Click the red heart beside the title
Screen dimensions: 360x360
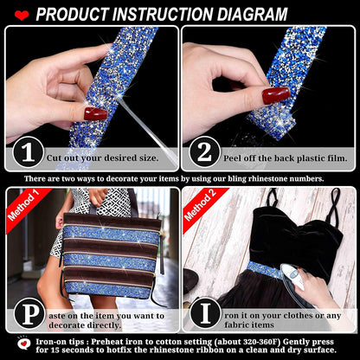coord(22,15)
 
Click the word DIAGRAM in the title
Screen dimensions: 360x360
coord(253,14)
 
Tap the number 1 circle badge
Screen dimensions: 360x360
coord(28,152)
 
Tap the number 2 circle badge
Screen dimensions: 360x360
coord(204,152)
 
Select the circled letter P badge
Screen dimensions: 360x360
coord(29,314)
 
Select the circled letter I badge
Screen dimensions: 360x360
coord(205,313)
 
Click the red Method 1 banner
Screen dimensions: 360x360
coord(25,207)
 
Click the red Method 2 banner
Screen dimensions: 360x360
coord(202,207)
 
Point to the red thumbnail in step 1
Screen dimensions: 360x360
coord(95,113)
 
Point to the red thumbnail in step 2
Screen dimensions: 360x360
coord(276,95)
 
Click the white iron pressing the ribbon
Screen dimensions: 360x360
coord(292,276)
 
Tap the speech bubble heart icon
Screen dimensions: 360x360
coord(24,344)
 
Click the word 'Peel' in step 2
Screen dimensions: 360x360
coord(233,158)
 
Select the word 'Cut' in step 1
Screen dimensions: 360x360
coord(55,158)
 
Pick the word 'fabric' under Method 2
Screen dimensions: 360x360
coord(237,325)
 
